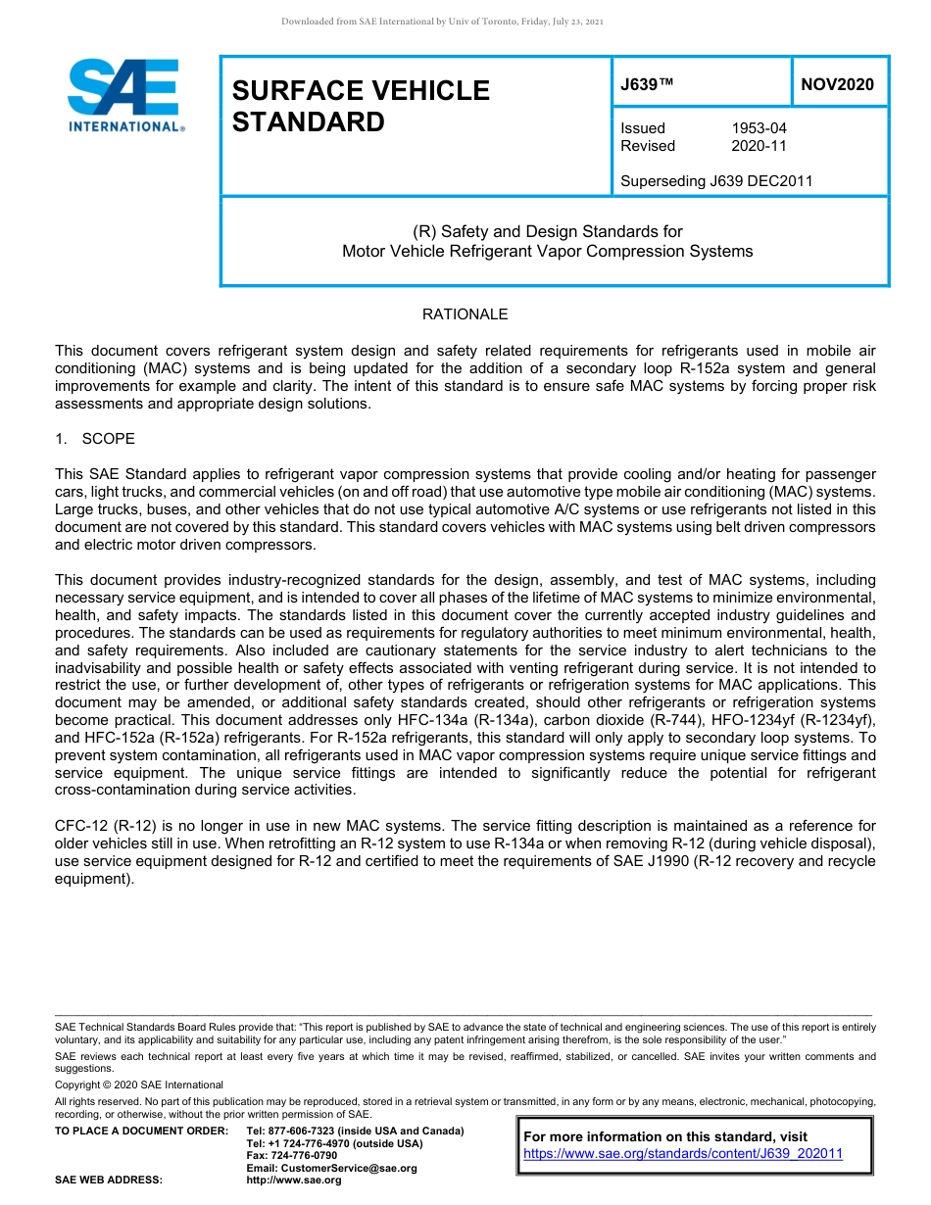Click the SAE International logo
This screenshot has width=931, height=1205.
(x=125, y=96)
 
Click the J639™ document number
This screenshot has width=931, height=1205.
(x=647, y=85)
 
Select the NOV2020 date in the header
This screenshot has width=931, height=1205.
(x=837, y=85)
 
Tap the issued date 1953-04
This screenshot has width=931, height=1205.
(x=759, y=128)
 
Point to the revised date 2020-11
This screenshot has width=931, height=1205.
(x=759, y=146)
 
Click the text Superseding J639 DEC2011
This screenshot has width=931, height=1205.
(x=716, y=181)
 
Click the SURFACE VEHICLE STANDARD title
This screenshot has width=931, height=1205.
(x=361, y=106)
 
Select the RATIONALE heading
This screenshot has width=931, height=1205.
(x=465, y=314)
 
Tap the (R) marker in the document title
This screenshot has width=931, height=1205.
(x=424, y=232)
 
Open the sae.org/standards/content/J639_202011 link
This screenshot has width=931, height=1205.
(x=683, y=1154)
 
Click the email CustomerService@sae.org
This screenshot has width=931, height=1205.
(x=331, y=1168)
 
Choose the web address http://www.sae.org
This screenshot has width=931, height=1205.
(x=294, y=1181)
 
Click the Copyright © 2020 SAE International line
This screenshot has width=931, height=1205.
(x=139, y=1084)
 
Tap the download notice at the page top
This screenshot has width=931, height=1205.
(x=442, y=21)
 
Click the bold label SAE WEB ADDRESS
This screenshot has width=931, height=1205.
(x=109, y=1181)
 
